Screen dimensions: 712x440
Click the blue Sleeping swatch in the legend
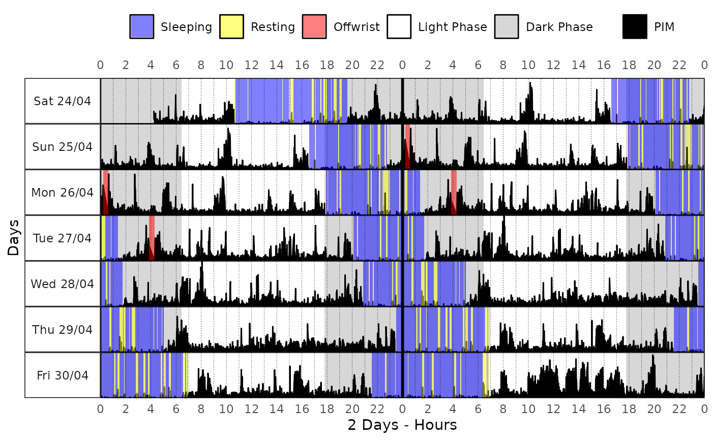click(x=142, y=26)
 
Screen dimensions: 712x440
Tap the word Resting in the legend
click(x=273, y=27)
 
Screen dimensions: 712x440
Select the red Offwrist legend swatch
click(x=314, y=26)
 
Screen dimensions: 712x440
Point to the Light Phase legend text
click(x=452, y=27)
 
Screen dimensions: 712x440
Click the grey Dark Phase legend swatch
click(x=507, y=26)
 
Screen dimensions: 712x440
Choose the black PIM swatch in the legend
click(x=635, y=26)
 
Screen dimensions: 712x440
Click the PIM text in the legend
click(x=664, y=27)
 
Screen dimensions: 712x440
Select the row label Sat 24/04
click(x=62, y=101)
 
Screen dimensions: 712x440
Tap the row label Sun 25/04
click(x=62, y=147)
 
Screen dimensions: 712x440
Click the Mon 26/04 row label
click(x=62, y=193)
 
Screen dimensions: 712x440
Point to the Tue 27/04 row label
click(x=62, y=238)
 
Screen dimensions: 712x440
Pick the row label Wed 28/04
click(x=62, y=284)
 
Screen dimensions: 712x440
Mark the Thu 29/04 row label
click(x=62, y=330)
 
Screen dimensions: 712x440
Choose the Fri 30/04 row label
click(x=62, y=375)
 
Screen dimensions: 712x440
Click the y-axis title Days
click(x=13, y=238)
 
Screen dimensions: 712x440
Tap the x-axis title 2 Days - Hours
click(x=402, y=425)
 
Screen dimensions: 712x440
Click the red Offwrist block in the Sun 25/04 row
click(x=407, y=146)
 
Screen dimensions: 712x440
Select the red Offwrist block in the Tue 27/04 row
click(x=152, y=238)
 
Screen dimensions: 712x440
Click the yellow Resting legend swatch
click(x=232, y=26)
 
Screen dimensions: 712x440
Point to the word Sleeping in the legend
click(x=186, y=27)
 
